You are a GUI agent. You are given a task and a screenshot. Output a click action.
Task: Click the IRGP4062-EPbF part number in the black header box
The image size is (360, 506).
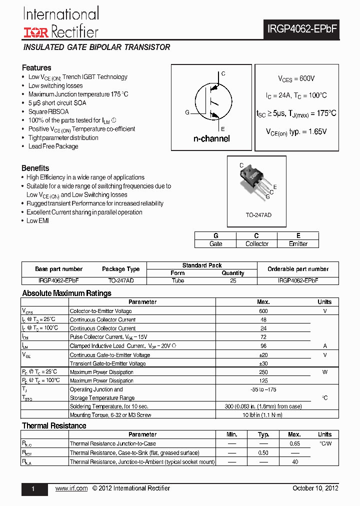pyautogui.click(x=301, y=29)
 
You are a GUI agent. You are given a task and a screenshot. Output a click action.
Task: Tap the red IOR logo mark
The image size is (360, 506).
pyautogui.click(x=35, y=32)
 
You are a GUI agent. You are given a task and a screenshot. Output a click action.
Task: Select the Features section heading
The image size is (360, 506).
pyautogui.click(x=36, y=67)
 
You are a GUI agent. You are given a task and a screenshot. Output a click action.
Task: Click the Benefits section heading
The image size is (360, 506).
pyautogui.click(x=35, y=168)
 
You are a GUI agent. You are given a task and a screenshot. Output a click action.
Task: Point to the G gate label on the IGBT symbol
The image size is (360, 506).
pyautogui.click(x=187, y=112)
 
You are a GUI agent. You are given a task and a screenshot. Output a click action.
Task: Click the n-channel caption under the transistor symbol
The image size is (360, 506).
pyautogui.click(x=211, y=138)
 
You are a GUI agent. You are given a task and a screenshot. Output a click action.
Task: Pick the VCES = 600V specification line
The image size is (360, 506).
pyautogui.click(x=296, y=78)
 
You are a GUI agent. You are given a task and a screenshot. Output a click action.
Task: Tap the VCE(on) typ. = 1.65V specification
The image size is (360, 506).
pyautogui.click(x=296, y=131)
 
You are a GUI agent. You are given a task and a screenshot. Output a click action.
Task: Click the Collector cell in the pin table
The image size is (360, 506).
pyautogui.click(x=257, y=243)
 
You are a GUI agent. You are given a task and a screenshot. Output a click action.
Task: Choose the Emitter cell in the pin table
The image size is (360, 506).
pyautogui.click(x=298, y=243)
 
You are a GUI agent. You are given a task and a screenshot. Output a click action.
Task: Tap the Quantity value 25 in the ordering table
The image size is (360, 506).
pyautogui.click(x=233, y=281)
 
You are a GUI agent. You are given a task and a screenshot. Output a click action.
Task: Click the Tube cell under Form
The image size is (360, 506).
pyautogui.click(x=177, y=281)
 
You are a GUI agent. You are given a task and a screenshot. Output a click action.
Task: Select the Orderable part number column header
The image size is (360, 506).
pyautogui.click(x=298, y=269)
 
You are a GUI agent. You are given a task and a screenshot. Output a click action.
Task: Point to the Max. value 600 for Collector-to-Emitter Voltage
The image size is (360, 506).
pyautogui.click(x=263, y=311)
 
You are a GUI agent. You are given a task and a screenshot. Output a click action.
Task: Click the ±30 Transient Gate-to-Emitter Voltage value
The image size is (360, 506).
pyautogui.click(x=263, y=363)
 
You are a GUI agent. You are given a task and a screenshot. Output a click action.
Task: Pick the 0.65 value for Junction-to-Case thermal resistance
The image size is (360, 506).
pyautogui.click(x=295, y=443)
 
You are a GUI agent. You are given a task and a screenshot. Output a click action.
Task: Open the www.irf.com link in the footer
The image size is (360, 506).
pyautogui.click(x=71, y=488)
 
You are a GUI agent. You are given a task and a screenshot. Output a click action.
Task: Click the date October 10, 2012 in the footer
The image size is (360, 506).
pyautogui.click(x=315, y=488)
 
